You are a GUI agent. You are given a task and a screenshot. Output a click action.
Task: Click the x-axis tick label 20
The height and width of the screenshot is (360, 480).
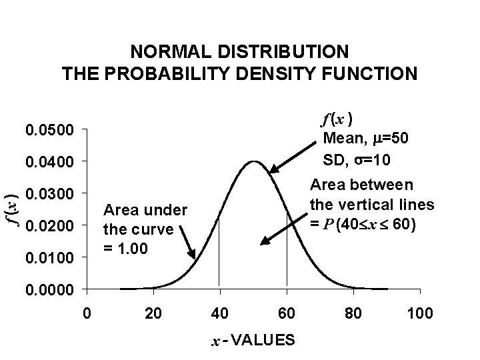(x=153, y=313)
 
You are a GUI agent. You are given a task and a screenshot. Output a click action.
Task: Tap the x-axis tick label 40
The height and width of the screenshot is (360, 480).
(x=220, y=313)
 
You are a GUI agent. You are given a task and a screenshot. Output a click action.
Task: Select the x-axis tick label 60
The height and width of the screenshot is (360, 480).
(x=287, y=313)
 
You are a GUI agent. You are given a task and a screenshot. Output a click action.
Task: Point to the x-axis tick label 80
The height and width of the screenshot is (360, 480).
(x=354, y=313)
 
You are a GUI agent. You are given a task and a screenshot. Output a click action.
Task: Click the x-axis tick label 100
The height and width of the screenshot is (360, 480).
(x=420, y=313)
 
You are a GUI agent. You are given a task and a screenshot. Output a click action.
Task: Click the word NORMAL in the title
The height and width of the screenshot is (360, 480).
(x=165, y=51)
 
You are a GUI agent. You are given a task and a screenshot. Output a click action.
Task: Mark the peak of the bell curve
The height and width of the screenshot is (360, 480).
(x=253, y=161)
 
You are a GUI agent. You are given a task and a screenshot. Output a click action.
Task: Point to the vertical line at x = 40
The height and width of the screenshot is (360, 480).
(x=220, y=267)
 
